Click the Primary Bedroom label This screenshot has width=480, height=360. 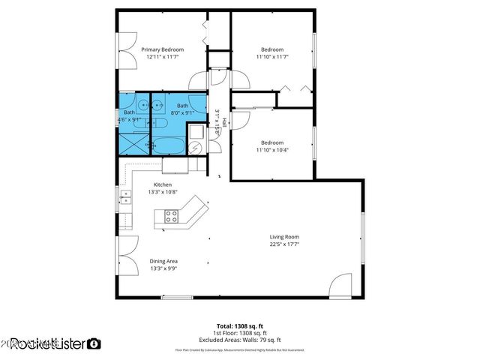(x=163, y=49)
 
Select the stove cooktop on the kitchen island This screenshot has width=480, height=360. (x=171, y=217)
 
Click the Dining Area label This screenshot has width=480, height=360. (x=163, y=261)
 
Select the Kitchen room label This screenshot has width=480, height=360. (x=163, y=184)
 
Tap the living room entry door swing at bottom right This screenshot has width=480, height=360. (x=340, y=284)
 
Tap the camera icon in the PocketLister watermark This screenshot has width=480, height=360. (x=94, y=343)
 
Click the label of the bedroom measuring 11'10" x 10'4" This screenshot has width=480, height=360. (x=272, y=142)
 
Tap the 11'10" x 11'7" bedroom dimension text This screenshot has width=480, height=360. (x=272, y=56)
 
